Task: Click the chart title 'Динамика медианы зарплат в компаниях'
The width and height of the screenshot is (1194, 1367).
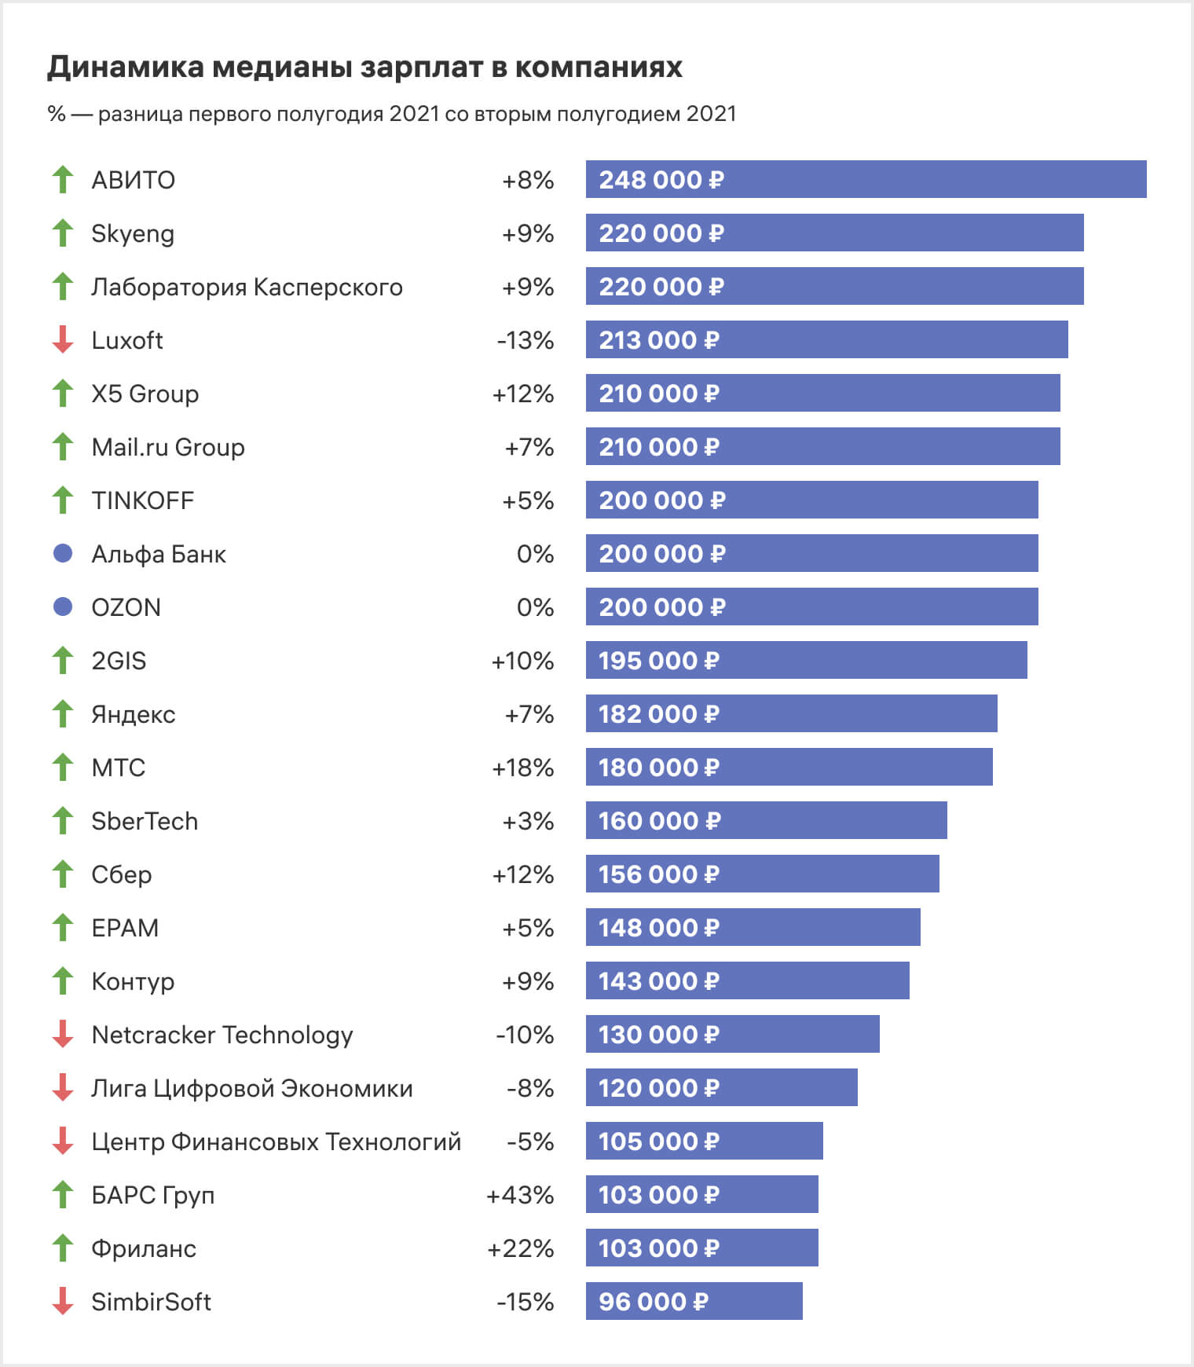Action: [x=364, y=68]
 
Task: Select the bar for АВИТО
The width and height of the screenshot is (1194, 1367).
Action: [x=866, y=179]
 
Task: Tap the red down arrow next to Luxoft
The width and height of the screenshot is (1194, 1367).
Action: [x=63, y=340]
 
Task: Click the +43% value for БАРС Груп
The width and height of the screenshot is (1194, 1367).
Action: [x=520, y=1195]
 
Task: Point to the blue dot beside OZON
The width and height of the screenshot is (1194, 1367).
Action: [x=63, y=607]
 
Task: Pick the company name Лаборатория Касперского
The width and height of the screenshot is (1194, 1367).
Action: [x=247, y=287]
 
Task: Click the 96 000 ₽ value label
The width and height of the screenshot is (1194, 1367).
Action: [x=654, y=1302]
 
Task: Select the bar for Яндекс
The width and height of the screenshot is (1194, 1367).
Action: [x=791, y=713]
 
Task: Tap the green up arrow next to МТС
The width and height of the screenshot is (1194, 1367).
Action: [x=63, y=767]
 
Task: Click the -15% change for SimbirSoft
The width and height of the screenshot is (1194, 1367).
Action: [x=525, y=1302]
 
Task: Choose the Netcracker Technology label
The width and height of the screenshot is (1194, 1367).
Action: [x=222, y=1035]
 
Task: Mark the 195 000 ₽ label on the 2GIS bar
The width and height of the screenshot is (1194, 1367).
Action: [x=658, y=661]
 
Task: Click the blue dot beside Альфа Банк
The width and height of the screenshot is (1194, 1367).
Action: [x=63, y=553]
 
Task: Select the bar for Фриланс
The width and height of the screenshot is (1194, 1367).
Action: [x=701, y=1248]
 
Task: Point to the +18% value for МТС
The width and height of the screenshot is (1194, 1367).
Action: [x=522, y=768]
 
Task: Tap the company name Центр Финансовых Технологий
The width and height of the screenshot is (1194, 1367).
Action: [x=276, y=1142]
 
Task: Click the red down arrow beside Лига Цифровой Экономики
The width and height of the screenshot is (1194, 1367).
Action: [x=63, y=1087]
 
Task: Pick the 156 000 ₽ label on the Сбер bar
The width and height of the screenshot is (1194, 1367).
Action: [x=658, y=874]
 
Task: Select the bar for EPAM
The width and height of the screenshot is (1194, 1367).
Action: [x=753, y=927]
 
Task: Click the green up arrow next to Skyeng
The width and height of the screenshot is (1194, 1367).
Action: [x=63, y=233]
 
